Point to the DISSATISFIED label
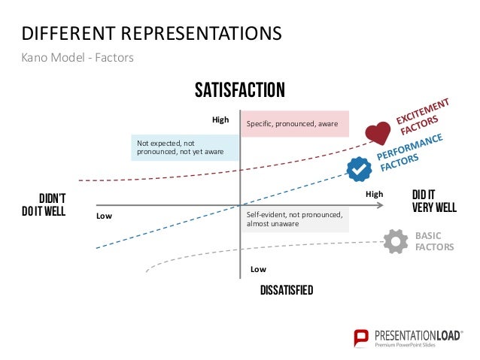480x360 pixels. (x=286, y=290)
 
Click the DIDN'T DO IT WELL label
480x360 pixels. (x=44, y=204)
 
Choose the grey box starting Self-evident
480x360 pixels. (x=294, y=219)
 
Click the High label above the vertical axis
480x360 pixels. (x=220, y=119)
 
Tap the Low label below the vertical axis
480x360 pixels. (x=258, y=268)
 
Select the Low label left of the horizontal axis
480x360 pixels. (x=104, y=216)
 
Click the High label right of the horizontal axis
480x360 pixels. (x=374, y=194)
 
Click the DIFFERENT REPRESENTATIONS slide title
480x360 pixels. (x=152, y=34)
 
